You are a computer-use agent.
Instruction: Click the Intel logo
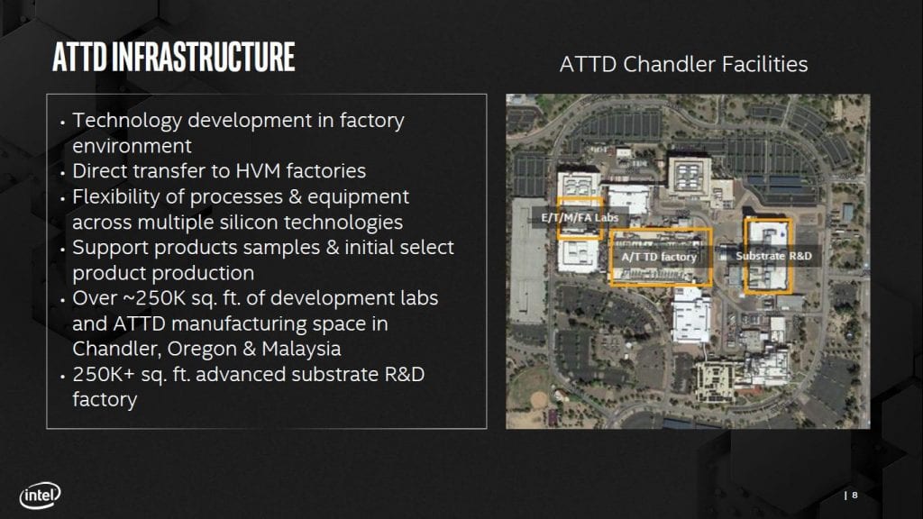(40, 496)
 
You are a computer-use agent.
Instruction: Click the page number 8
(854, 496)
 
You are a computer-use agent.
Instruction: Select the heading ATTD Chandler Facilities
(683, 64)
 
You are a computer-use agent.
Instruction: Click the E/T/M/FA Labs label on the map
(580, 218)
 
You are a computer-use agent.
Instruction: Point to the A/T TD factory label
(659, 257)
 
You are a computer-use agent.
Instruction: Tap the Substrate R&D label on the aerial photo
(773, 256)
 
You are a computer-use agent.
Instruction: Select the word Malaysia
(301, 349)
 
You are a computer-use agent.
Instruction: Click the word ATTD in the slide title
(79, 57)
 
